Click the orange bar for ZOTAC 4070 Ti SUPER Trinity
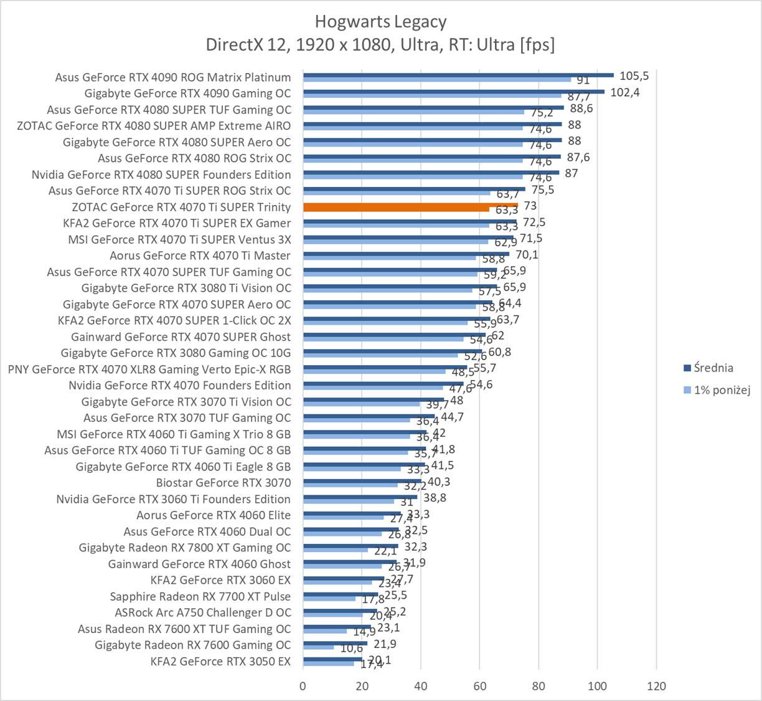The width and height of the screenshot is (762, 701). [410, 205]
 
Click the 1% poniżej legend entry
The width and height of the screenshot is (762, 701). [722, 390]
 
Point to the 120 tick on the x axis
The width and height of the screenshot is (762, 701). [656, 686]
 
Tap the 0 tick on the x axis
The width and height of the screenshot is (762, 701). [303, 686]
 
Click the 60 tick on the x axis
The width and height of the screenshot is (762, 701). [479, 686]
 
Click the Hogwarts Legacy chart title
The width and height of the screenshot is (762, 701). [380, 22]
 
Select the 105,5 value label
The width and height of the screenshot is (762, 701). [634, 76]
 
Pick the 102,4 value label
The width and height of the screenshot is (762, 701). [625, 92]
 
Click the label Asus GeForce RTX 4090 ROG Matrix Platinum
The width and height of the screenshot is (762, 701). [172, 77]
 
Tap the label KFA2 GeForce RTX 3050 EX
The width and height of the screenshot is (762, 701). [220, 661]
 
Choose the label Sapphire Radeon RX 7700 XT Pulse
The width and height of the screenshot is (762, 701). [200, 596]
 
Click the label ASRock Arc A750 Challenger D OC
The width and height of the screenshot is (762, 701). [202, 613]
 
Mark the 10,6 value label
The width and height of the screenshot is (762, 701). [351, 649]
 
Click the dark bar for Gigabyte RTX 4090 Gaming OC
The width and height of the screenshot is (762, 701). [454, 91]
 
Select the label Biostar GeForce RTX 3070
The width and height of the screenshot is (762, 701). [223, 482]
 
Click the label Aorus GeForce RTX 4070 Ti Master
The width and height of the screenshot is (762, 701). [200, 255]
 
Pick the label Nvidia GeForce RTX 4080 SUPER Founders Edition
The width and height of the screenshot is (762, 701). [161, 174]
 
